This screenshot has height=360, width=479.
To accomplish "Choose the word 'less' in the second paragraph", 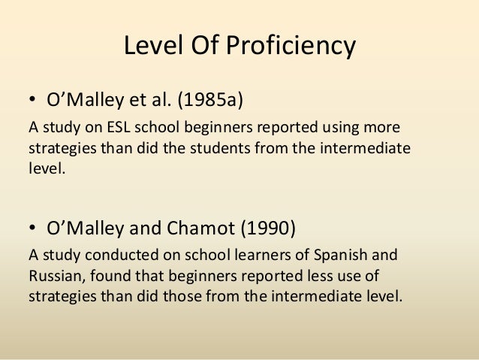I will point(297,276).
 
